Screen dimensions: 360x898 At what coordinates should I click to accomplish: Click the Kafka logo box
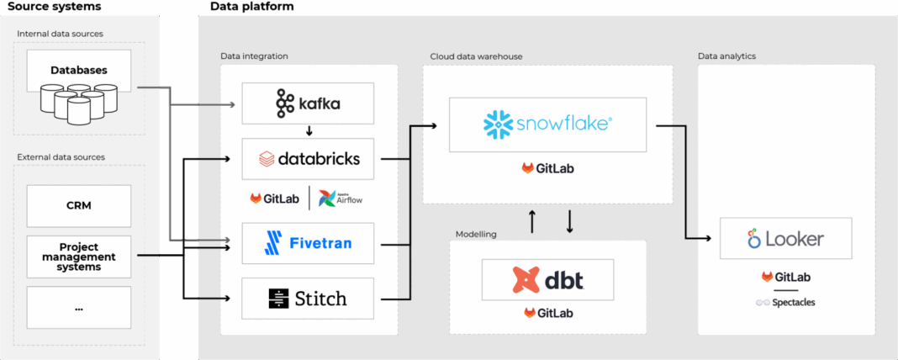click(x=309, y=103)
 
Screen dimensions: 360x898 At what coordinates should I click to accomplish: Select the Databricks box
click(x=309, y=158)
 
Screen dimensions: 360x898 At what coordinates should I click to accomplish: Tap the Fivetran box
click(x=309, y=244)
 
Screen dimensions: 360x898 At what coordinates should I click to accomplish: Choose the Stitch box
click(x=309, y=298)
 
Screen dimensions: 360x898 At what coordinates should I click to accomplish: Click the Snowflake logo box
click(x=547, y=124)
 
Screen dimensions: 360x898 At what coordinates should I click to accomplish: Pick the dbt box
click(x=547, y=279)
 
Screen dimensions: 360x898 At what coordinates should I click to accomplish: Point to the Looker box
click(x=786, y=239)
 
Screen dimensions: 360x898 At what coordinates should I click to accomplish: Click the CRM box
click(x=79, y=205)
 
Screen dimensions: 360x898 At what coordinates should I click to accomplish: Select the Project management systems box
click(x=79, y=256)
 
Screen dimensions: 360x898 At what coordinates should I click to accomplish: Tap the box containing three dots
click(x=79, y=308)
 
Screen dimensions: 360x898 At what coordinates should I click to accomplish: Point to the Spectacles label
click(x=785, y=302)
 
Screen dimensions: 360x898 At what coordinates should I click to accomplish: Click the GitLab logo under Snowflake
click(x=547, y=168)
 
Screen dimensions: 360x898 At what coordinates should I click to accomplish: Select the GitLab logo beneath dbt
click(x=547, y=313)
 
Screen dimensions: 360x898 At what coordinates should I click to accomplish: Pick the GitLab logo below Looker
click(x=785, y=277)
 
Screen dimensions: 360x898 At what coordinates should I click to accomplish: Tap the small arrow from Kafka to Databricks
click(x=309, y=130)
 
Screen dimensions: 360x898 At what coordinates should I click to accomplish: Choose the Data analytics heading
click(x=726, y=56)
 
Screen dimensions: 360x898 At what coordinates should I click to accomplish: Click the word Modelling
click(x=477, y=234)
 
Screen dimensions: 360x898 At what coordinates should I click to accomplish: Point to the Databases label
click(x=79, y=71)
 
